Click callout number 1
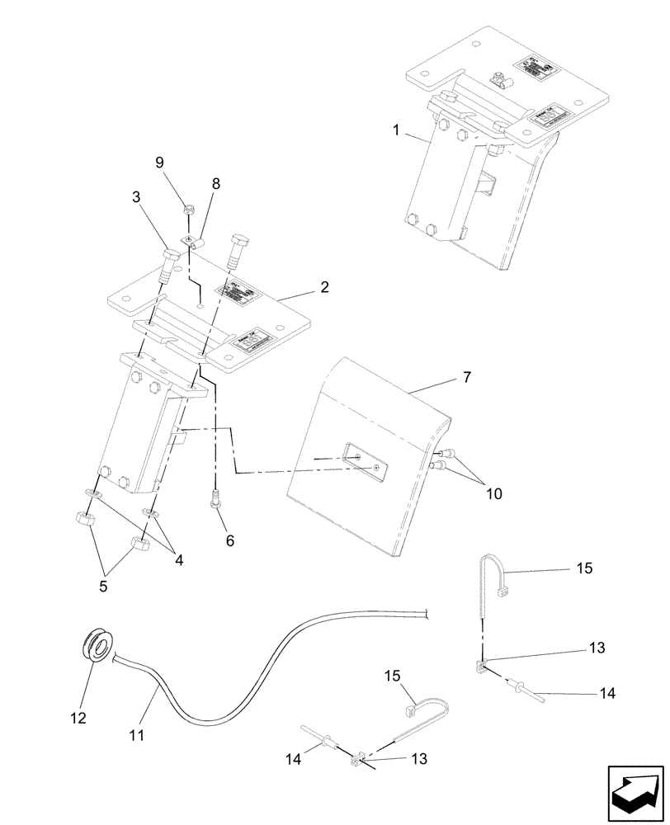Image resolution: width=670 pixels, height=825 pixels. (397, 130)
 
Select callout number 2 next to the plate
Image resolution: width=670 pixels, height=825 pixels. (325, 287)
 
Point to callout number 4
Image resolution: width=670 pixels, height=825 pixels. (179, 559)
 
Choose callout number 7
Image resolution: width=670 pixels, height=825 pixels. (467, 377)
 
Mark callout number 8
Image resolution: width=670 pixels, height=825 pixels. (215, 184)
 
